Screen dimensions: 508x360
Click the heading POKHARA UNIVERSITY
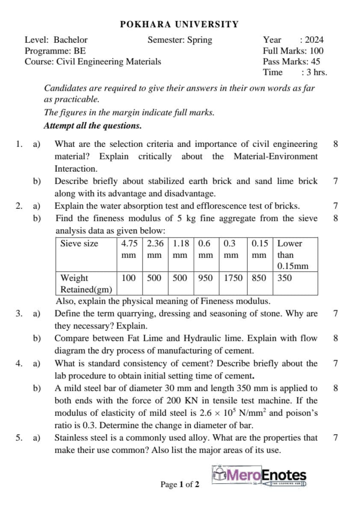pyautogui.click(x=180, y=24)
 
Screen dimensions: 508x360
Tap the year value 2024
pyautogui.click(x=314, y=40)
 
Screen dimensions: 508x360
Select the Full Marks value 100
pyautogui.click(x=317, y=51)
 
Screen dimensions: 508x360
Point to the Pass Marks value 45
pyautogui.click(x=315, y=62)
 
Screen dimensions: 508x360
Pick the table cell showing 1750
pyautogui.click(x=233, y=278)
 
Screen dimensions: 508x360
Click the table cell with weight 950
pyautogui.click(x=205, y=278)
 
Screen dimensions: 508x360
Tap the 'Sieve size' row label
pyautogui.click(x=79, y=244)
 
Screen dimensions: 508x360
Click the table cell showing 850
pyautogui.click(x=259, y=278)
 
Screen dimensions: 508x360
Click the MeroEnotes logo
pyautogui.click(x=259, y=477)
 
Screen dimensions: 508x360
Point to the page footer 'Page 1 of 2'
pyautogui.click(x=180, y=484)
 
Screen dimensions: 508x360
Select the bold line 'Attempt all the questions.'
pyautogui.click(x=93, y=126)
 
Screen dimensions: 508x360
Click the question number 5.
pyautogui.click(x=18, y=438)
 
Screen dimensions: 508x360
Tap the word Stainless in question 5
pyautogui.click(x=72, y=438)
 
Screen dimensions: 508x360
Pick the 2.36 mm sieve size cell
pyautogui.click(x=155, y=249)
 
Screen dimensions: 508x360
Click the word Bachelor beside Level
pyautogui.click(x=71, y=40)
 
